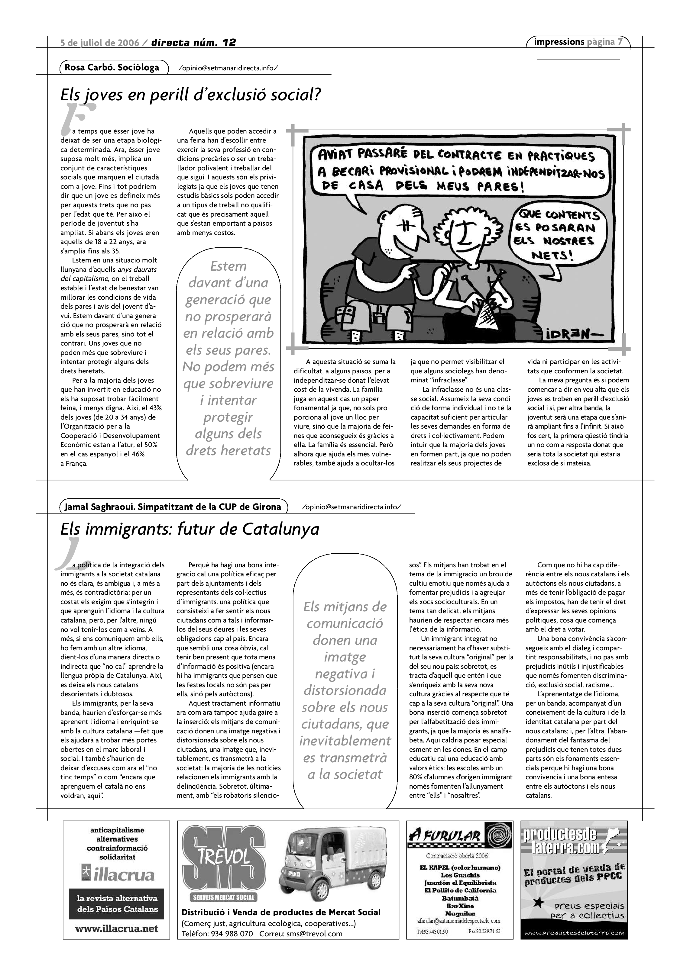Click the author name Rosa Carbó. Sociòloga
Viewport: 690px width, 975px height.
112,68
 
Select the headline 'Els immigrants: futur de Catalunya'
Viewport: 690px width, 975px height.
190,529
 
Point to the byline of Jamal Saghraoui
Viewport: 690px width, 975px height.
173,507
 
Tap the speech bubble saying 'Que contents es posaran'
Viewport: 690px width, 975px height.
557,234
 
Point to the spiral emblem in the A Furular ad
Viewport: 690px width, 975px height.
498,837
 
